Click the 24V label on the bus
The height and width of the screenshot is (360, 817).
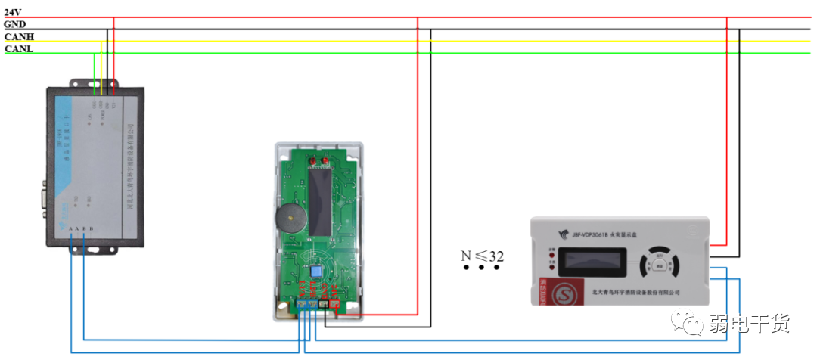point(13,12)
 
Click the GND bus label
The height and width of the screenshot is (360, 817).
point(15,24)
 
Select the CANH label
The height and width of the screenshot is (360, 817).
point(19,36)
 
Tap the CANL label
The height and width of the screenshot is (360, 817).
point(19,48)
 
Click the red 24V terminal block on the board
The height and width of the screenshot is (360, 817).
point(335,305)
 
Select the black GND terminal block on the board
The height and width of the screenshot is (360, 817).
point(324,305)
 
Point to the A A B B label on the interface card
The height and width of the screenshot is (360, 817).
point(80,229)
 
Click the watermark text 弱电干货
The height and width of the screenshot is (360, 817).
point(749,325)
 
